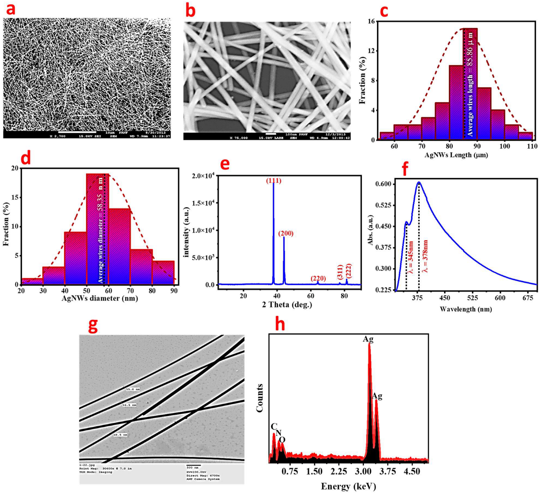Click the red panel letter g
point(93,325)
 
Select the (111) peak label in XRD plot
point(274,181)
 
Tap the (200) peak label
point(286,233)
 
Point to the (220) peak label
point(318,279)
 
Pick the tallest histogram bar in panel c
point(470,84)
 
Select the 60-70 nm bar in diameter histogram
point(120,246)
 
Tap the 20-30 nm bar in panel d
point(32,281)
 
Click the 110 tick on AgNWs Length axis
point(532,146)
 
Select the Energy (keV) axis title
point(348,486)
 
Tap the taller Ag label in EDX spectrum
point(368,339)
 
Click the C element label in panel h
point(274,426)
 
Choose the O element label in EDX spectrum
point(282,440)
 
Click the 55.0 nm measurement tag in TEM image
point(133,389)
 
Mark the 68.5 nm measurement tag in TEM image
point(121,435)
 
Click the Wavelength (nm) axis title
point(466,309)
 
